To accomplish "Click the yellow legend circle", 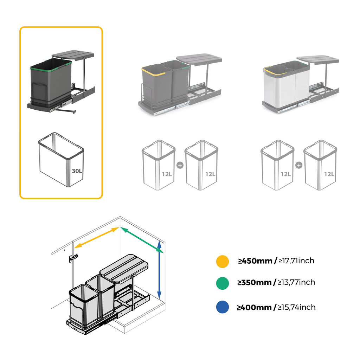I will (222, 261).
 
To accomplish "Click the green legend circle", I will (222, 283).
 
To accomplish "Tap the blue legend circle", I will (222, 307).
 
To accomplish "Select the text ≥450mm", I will (255, 261).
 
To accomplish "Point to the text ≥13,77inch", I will (296, 282).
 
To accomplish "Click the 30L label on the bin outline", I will (77, 171).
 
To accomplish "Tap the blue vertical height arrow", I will (159, 269).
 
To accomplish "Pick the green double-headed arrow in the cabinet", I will (142, 240).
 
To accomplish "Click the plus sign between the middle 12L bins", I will (180, 165).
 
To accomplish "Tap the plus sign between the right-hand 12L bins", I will (299, 165).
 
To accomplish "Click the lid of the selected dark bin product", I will (73, 54).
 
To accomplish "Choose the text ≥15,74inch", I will (297, 307).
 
